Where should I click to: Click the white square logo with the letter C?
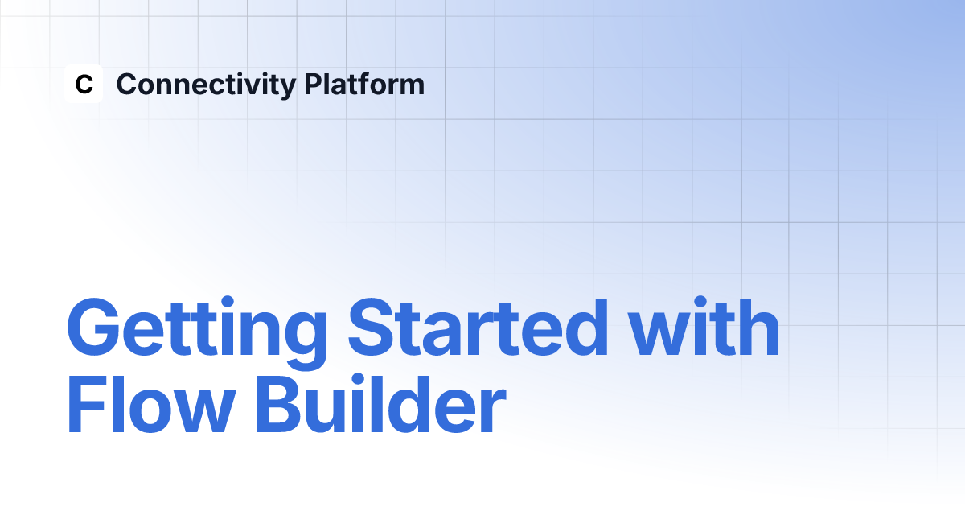coord(84,84)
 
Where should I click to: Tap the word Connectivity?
coord(207,85)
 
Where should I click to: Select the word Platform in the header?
coord(364,84)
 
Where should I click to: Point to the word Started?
coord(478,327)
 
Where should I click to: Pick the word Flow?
coord(152,404)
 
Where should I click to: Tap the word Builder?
coord(381,404)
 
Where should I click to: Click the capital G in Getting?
coord(93,327)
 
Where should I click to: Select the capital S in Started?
coord(372,327)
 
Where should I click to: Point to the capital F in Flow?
coord(87,405)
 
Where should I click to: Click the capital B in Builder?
coord(280,405)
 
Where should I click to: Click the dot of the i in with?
coord(700,302)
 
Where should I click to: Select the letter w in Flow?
coord(203,411)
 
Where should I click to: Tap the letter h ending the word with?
coord(759,327)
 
